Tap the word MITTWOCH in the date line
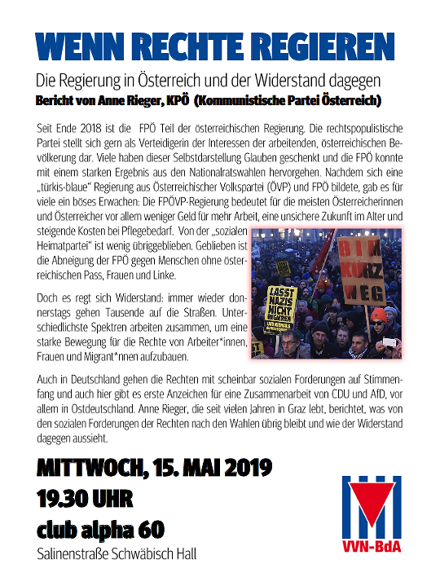click(86, 470)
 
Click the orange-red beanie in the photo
click(378, 314)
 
